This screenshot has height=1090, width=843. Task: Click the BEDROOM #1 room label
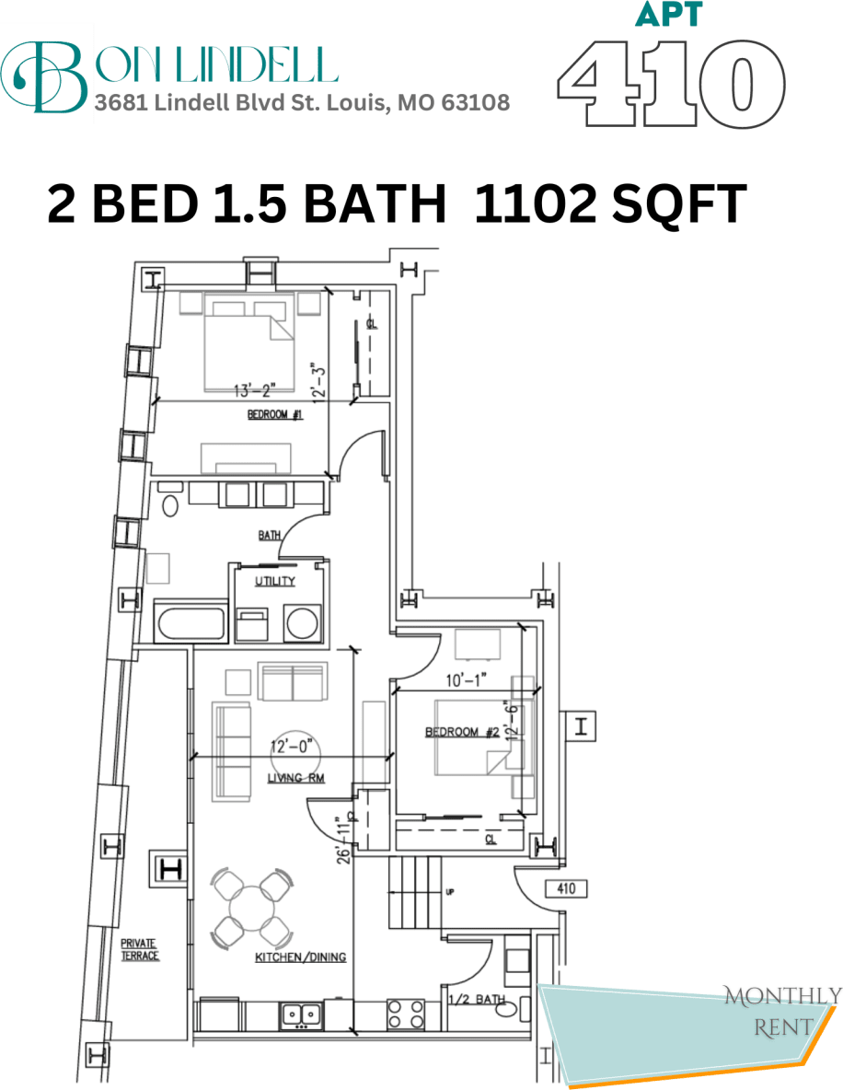click(x=275, y=415)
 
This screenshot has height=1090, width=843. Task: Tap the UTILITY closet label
click(x=275, y=581)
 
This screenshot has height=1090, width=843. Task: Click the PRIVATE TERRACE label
click(x=140, y=949)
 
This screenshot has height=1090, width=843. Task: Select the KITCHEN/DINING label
click(x=300, y=957)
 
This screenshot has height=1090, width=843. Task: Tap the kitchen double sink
click(x=301, y=1015)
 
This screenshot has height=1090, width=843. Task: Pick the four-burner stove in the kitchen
click(x=405, y=1015)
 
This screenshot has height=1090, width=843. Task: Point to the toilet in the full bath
click(x=168, y=505)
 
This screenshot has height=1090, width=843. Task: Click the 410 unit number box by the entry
click(x=566, y=889)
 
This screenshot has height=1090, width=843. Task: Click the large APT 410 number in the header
click(x=671, y=83)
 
